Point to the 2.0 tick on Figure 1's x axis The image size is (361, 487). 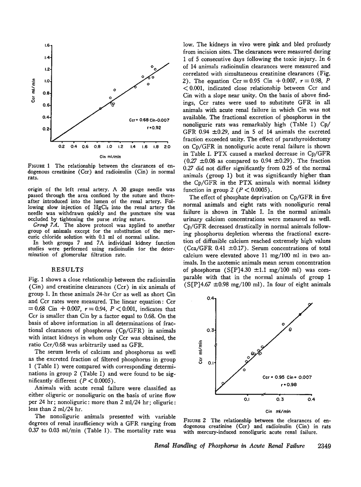pyautogui.click(x=167, y=147)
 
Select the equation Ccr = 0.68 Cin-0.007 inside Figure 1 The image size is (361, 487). pyautogui.click(x=149, y=120)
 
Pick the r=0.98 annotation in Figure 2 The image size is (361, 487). pyautogui.click(x=287, y=385)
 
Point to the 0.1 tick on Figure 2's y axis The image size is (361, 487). pyautogui.click(x=210, y=363)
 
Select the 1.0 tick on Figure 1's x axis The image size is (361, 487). pyautogui.click(x=109, y=147)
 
